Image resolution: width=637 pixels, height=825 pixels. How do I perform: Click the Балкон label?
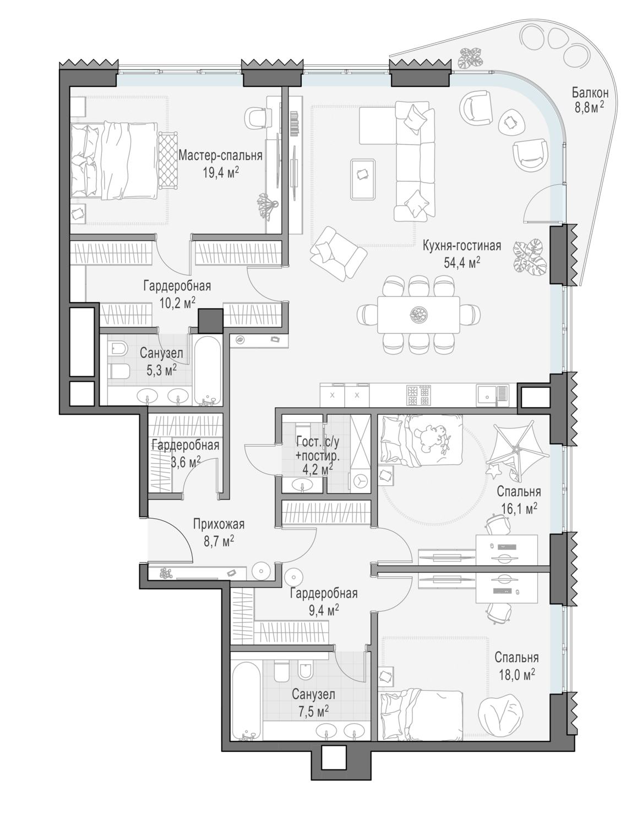tap(590, 92)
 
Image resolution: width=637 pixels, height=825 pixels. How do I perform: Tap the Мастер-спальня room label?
tap(220, 155)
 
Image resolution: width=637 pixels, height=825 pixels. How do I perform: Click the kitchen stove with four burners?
tap(419, 395)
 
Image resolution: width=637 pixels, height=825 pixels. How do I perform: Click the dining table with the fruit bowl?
tap(418, 314)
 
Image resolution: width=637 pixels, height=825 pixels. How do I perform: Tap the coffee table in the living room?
tap(363, 179)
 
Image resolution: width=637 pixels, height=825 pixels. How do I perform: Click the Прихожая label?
tap(219, 524)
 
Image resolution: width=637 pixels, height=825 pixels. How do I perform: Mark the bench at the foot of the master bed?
tap(168, 160)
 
